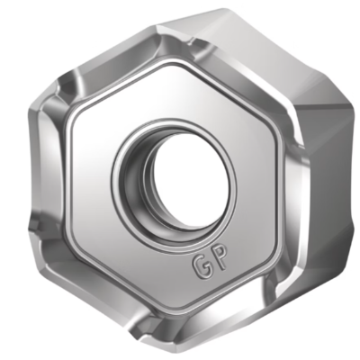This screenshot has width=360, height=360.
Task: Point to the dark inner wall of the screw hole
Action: click(137, 183)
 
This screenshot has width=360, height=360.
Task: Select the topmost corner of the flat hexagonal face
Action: click(174, 64)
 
